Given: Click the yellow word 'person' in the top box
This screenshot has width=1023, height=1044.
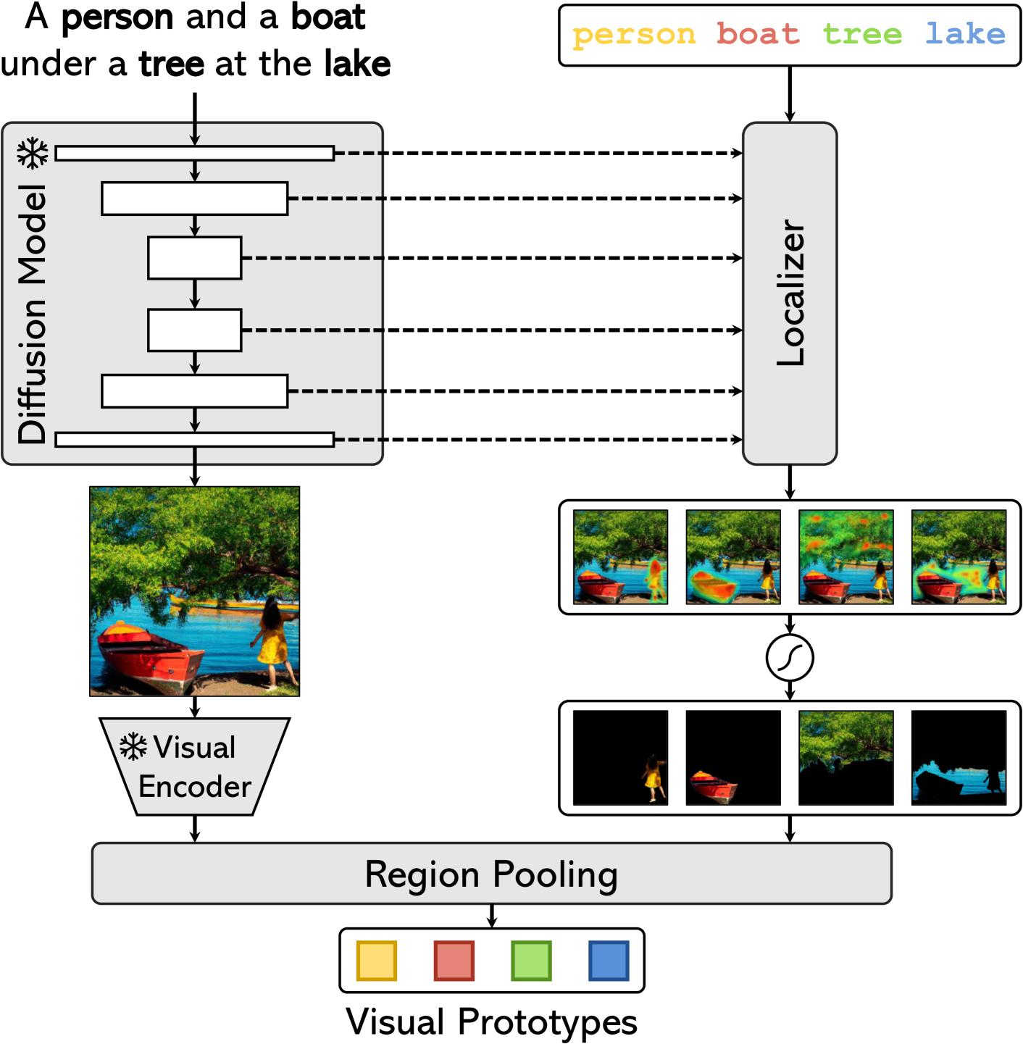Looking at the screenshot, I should [x=634, y=35].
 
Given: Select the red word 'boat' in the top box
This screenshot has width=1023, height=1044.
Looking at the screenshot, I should [x=758, y=34].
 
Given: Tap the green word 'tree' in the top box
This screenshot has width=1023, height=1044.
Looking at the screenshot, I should [x=862, y=34].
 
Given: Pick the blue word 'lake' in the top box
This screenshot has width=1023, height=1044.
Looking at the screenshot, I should [x=966, y=34].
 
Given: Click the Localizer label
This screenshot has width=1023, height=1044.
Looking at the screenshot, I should [x=790, y=293].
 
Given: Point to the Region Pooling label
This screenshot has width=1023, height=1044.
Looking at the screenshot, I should [x=491, y=874].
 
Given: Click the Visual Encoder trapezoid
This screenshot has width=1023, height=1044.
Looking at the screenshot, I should [x=194, y=767].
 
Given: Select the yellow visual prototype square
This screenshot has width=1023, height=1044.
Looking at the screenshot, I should [x=377, y=961].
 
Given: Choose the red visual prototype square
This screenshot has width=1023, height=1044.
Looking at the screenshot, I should [x=454, y=961].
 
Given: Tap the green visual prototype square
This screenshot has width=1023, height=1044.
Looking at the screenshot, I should [x=531, y=961].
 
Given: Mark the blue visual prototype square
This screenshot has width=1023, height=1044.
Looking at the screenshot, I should [x=609, y=961].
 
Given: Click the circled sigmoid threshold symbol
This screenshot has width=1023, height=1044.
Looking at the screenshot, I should [x=790, y=658].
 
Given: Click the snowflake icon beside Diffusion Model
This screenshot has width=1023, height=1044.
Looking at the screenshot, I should [x=33, y=153].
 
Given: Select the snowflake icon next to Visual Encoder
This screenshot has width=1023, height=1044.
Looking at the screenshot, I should [x=133, y=746].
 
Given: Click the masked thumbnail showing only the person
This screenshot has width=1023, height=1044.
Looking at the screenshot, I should [x=620, y=758].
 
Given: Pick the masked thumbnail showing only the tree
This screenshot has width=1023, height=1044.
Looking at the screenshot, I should [x=845, y=758].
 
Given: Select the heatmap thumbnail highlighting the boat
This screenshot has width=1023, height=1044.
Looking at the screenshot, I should [x=733, y=557].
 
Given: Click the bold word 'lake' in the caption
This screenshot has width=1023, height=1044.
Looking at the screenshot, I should [x=357, y=64].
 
